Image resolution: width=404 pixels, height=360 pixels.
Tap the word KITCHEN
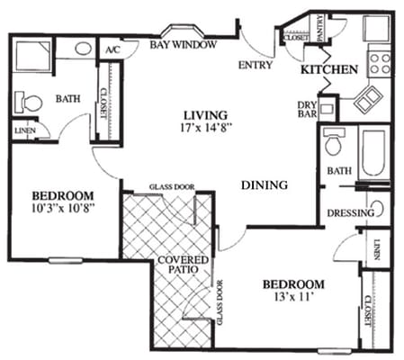330,68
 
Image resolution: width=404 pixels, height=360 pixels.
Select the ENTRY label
256,65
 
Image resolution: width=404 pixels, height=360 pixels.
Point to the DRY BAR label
307,110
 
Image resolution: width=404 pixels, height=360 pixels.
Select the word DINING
265,184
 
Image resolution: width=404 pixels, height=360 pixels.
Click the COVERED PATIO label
184,266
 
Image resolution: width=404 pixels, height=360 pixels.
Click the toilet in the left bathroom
31,103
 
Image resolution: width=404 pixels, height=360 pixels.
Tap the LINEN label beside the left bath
24,130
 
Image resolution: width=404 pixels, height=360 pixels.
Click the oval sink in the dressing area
379,209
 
